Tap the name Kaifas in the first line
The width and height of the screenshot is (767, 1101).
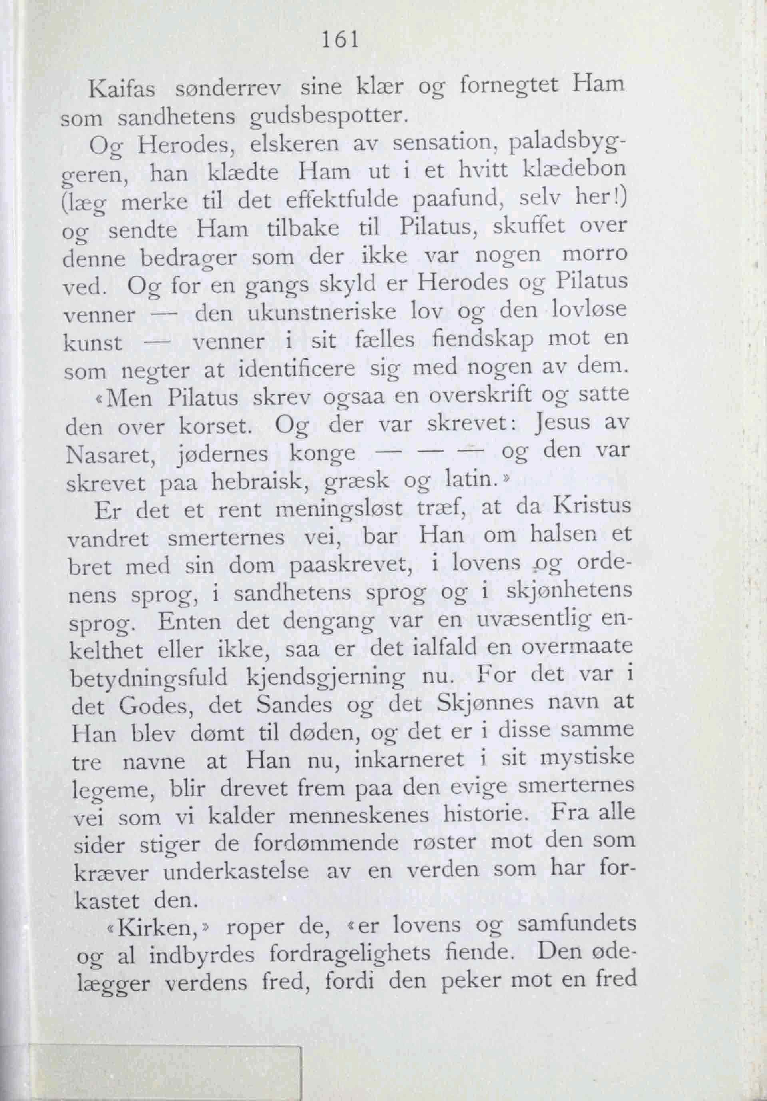pos(122,89)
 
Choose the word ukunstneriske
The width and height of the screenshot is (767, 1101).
pos(322,313)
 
